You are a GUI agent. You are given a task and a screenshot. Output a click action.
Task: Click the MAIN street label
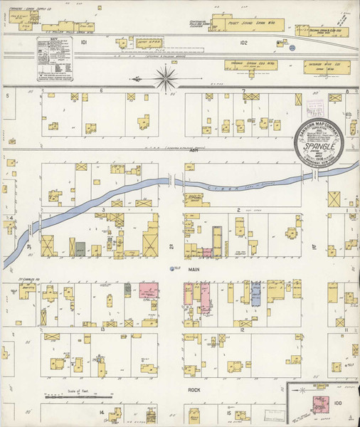(x=192, y=270)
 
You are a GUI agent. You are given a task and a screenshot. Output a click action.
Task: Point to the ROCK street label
(x=194, y=390)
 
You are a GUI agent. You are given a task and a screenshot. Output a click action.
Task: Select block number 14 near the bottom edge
(x=102, y=412)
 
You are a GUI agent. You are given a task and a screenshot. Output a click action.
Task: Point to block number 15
(x=228, y=412)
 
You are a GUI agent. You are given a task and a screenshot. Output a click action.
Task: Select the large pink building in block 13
(x=149, y=291)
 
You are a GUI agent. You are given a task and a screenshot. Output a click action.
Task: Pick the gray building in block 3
(x=80, y=248)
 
